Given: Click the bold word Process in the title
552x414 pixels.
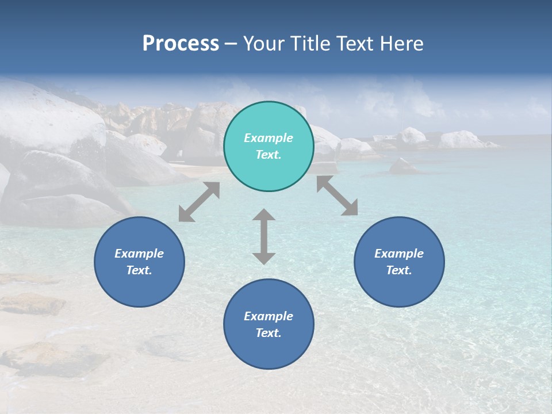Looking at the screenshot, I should tap(181, 44).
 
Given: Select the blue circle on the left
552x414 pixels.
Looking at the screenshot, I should tap(139, 287).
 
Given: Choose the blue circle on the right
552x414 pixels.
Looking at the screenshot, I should tap(399, 287).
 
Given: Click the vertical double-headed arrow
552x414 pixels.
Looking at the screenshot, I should tap(264, 236).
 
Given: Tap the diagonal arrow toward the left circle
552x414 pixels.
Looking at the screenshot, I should tap(199, 202).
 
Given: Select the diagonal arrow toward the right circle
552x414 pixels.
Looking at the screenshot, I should tap(337, 195).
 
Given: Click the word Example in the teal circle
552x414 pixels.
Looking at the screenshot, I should tap(269, 138).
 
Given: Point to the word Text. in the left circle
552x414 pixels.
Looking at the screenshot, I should tap(139, 270).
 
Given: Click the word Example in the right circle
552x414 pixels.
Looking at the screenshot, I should tap(399, 254).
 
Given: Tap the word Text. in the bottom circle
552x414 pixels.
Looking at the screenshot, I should tap(269, 333).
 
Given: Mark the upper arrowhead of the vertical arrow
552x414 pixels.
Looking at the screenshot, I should tap(264, 214).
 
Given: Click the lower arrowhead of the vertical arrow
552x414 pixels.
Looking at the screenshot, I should tap(264, 258).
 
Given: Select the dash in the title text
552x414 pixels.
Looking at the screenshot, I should tap(231, 44).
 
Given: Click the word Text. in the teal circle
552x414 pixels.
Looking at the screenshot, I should tap(269, 155).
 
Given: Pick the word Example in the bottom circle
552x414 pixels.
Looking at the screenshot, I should tap(269, 316).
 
